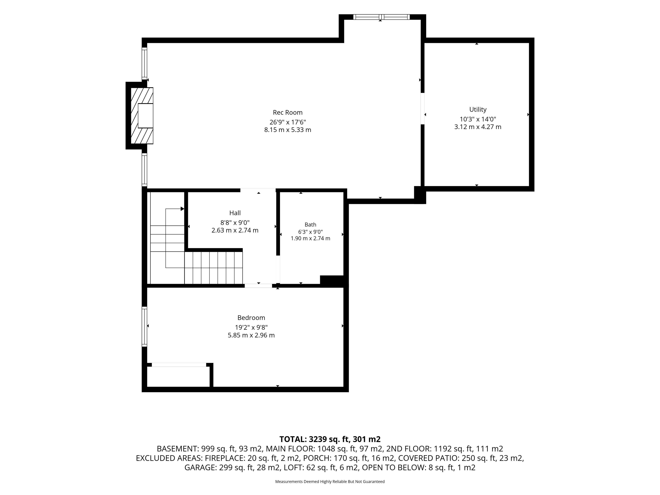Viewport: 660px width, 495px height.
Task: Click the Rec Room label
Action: tap(288, 112)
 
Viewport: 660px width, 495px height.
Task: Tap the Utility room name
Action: tap(478, 109)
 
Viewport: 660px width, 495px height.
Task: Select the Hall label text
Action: tap(235, 213)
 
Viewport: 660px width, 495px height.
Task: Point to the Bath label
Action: tap(310, 225)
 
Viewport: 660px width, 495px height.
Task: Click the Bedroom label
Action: tap(251, 318)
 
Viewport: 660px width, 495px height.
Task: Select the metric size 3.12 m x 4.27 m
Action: tap(478, 127)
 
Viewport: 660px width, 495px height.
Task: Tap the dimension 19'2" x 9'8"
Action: tap(251, 327)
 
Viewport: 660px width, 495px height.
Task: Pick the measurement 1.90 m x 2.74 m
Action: tap(310, 238)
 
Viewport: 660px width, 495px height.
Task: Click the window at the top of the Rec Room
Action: tap(381, 17)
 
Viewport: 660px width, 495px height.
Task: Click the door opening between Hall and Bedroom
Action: tap(258, 285)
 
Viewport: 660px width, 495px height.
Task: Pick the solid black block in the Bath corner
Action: tap(333, 281)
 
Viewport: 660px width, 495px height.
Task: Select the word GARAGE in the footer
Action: tap(201, 467)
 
